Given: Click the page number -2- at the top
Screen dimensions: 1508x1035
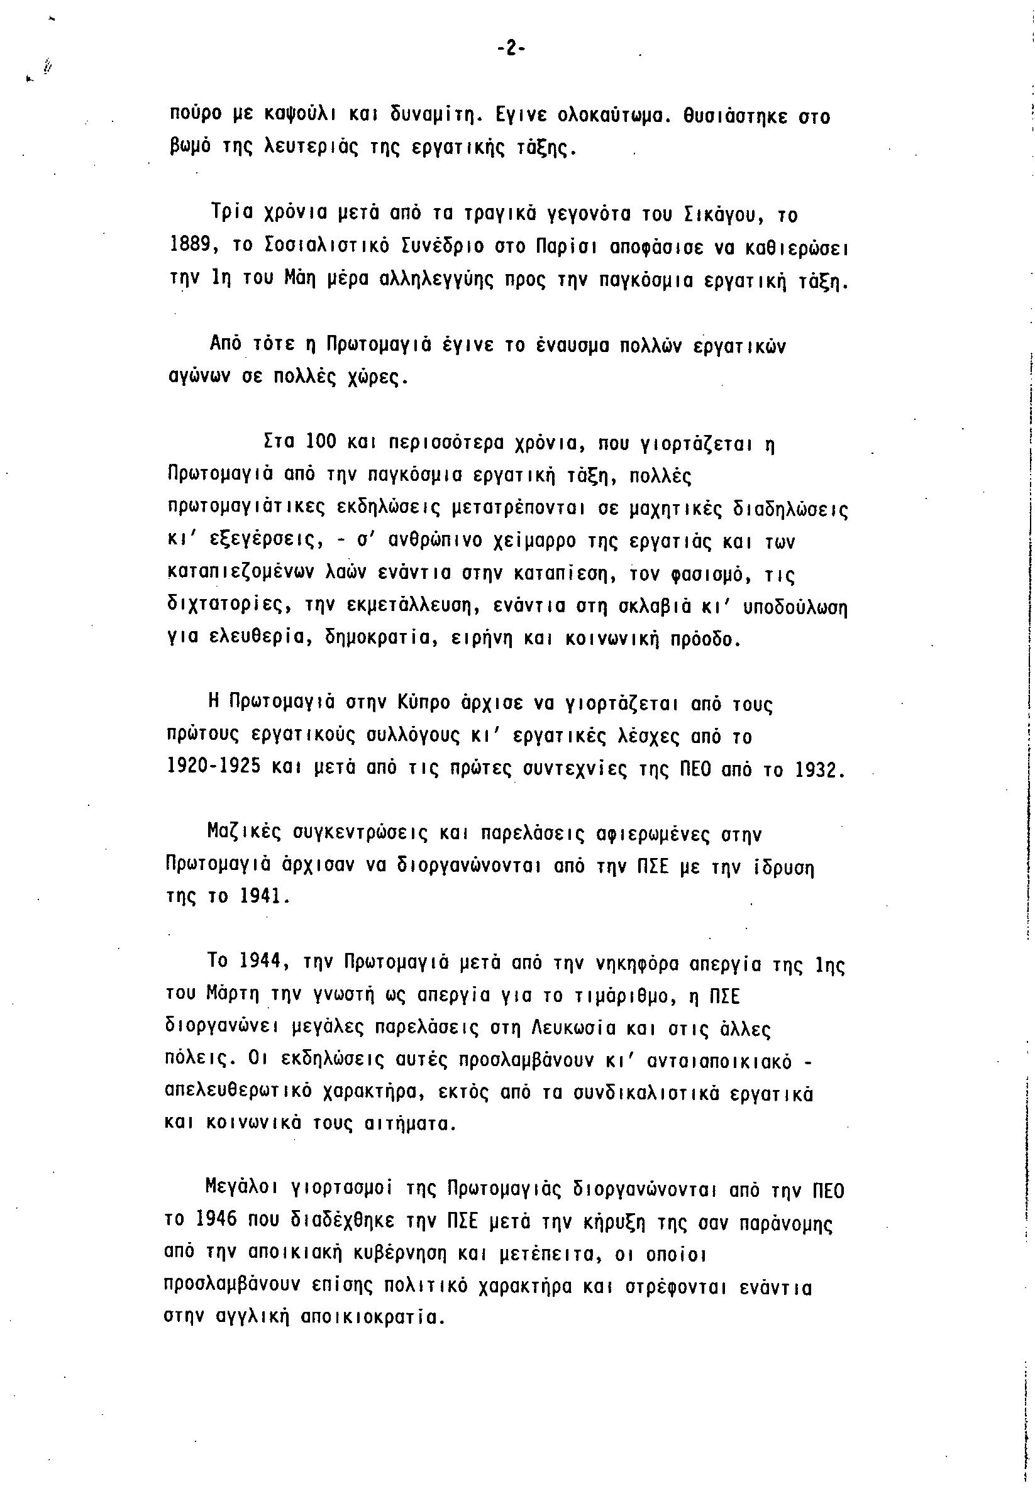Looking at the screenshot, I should point(511,49).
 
